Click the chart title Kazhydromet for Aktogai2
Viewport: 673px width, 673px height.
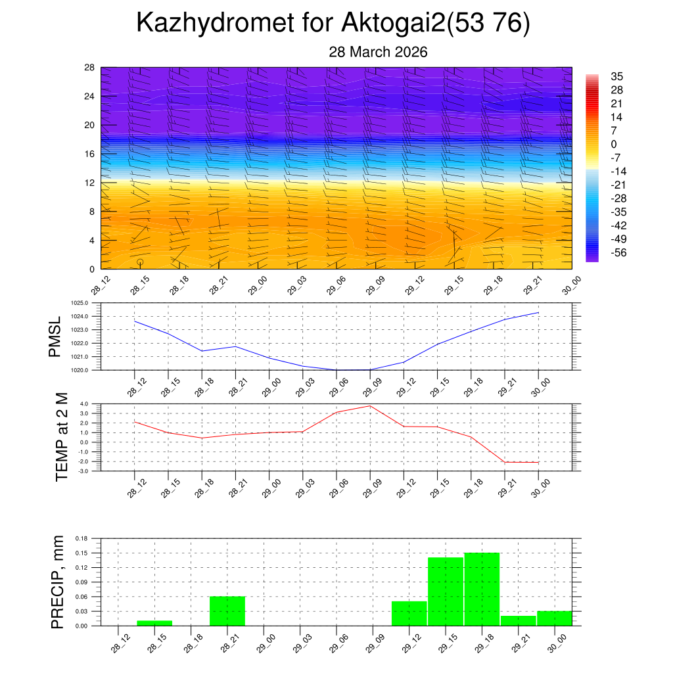[x=333, y=24]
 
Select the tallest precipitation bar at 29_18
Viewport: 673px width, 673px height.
[x=482, y=589]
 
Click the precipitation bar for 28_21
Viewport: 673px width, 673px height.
[x=227, y=611]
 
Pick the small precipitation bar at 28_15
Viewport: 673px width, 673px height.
[x=154, y=622]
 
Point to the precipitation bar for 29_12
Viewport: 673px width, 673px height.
[x=409, y=613]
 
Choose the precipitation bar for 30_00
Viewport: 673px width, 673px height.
[x=554, y=618]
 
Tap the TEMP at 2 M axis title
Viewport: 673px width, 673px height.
[x=62, y=437]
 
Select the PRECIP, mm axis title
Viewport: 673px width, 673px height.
[x=58, y=582]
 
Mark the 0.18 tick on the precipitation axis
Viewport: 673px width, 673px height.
[x=81, y=538]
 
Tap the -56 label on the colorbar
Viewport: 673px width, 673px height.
[x=617, y=253]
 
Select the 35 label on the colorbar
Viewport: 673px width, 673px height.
[x=616, y=76]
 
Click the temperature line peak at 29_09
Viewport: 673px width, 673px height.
[x=370, y=406]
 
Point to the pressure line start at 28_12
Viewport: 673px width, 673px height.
[x=135, y=321]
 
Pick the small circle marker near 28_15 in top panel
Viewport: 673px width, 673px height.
[x=140, y=262]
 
